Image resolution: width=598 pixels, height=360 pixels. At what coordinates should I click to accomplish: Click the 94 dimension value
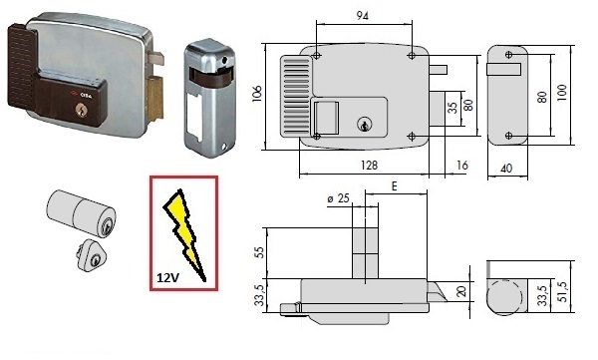pos(363,16)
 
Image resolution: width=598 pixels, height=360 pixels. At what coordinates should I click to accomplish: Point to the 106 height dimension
pos(257,93)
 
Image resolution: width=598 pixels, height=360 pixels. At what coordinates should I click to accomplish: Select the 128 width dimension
pos(369,166)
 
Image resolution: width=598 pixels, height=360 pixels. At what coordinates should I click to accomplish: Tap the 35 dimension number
pos(452,108)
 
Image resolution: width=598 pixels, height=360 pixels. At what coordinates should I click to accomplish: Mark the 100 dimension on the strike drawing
pos(561,93)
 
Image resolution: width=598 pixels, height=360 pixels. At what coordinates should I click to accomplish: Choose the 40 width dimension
pos(506,168)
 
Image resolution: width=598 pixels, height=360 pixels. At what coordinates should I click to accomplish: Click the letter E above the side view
pos(395,186)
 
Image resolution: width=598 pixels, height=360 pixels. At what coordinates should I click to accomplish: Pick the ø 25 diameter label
pos(338,198)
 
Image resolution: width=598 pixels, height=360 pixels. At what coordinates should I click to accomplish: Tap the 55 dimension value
pos(259,252)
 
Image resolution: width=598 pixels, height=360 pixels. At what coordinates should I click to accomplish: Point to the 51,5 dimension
pos(563,292)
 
